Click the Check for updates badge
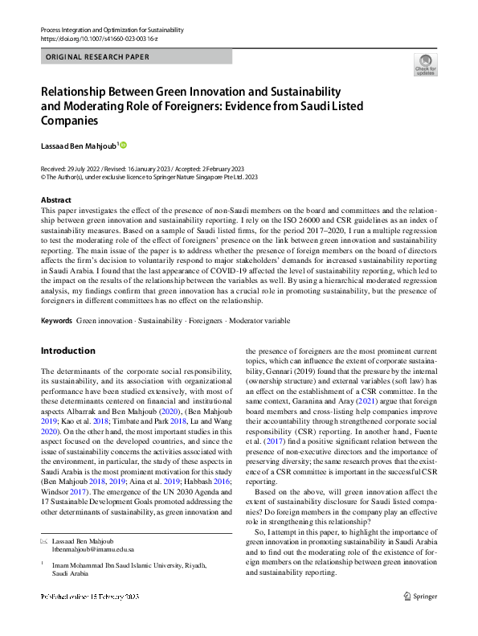pos(424,65)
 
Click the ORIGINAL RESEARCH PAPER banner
pos(98,57)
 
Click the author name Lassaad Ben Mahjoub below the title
pos(78,146)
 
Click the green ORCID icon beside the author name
pos(124,146)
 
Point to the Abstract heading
pos(55,199)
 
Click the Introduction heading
pos(67,351)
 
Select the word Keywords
pos(55,321)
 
